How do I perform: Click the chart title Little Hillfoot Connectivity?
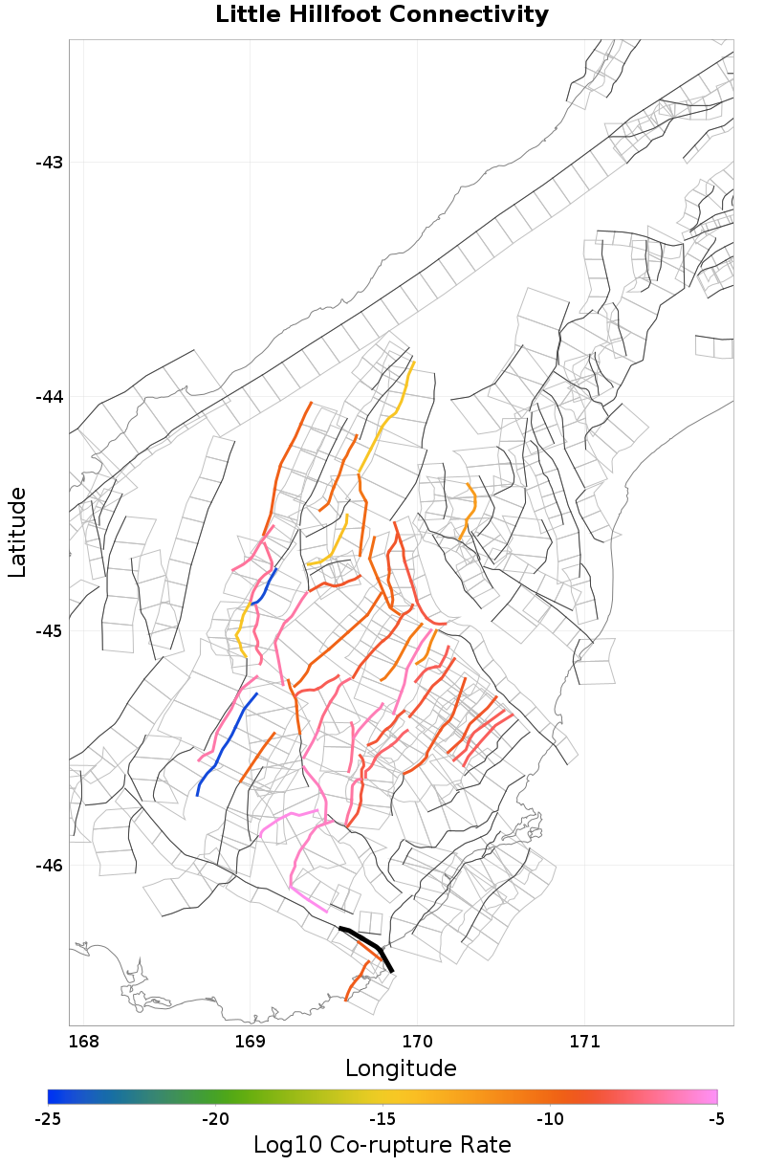(x=382, y=15)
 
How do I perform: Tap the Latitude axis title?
(x=17, y=531)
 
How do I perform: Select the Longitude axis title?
(x=401, y=1067)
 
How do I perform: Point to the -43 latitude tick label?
(x=49, y=163)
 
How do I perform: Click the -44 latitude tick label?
(x=49, y=397)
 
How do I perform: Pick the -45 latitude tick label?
(x=49, y=631)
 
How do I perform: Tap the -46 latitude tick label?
(x=49, y=866)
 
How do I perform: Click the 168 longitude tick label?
(x=84, y=1041)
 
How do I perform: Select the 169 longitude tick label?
(x=251, y=1041)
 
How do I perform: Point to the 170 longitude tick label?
(x=418, y=1041)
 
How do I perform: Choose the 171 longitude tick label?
(x=584, y=1041)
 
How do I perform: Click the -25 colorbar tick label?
(x=48, y=1119)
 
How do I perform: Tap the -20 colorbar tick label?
(x=215, y=1119)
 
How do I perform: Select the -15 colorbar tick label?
(x=382, y=1119)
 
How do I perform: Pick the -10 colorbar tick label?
(x=550, y=1119)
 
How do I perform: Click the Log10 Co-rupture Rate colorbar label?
(x=382, y=1145)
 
